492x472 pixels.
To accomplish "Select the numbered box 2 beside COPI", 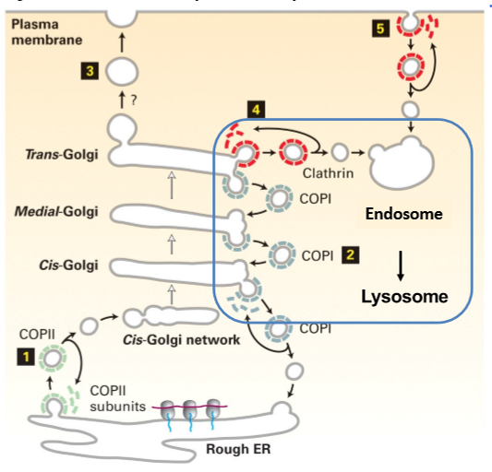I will tap(350, 252).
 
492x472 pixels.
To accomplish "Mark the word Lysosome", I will tap(404, 296).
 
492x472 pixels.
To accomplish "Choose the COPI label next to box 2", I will tap(316, 252).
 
